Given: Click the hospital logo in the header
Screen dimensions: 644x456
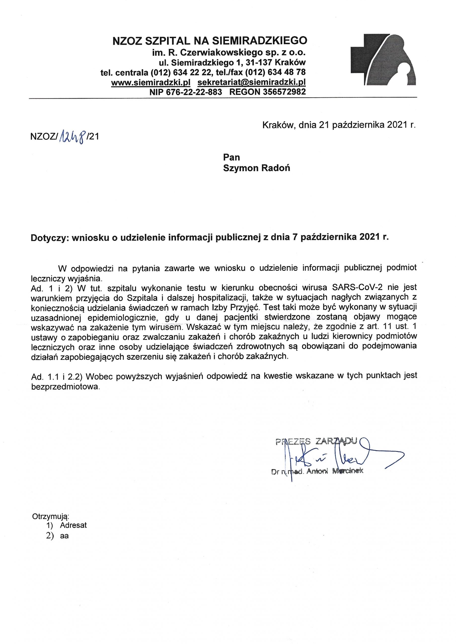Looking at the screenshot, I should point(383,59).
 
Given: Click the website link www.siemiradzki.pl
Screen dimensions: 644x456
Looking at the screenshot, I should point(151,82).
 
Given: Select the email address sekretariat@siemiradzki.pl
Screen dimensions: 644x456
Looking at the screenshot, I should point(251,82).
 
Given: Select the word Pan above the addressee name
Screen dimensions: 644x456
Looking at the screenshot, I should point(231,156).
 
